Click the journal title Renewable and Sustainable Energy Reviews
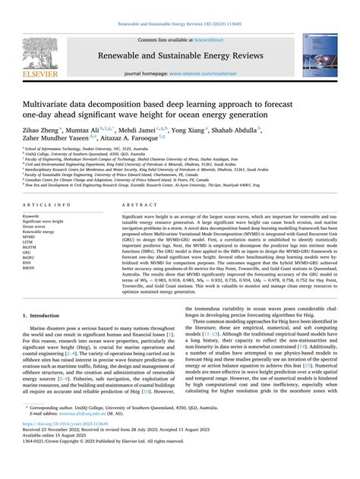[x=180, y=54]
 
